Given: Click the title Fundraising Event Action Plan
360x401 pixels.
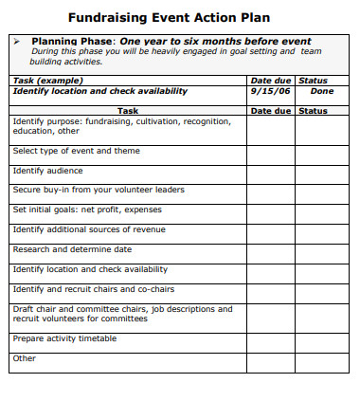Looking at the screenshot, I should (169, 17).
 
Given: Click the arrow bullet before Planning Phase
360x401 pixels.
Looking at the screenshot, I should (18, 42).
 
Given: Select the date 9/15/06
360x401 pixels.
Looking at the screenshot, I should (269, 91).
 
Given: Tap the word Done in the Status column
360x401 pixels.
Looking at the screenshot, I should (322, 91).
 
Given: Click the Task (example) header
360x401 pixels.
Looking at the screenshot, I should (44, 81).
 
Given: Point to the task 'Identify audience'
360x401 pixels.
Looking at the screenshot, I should (47, 171).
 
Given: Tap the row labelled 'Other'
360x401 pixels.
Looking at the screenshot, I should (25, 358).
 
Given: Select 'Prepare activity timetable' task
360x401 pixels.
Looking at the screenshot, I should (64, 338).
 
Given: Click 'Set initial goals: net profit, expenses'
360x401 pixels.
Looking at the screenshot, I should (87, 210).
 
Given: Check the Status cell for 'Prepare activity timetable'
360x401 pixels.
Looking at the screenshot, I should (322, 339).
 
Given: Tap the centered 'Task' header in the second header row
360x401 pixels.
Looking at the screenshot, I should (127, 111).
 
